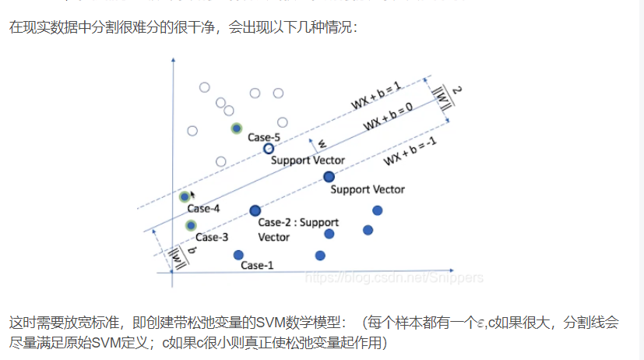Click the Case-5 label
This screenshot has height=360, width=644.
pyautogui.click(x=263, y=137)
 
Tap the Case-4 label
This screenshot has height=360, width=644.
pyautogui.click(x=203, y=208)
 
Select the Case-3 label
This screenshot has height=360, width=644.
pyautogui.click(x=211, y=237)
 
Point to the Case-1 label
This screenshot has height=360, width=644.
pyautogui.click(x=257, y=265)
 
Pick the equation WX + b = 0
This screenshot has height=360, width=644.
pyautogui.click(x=388, y=122)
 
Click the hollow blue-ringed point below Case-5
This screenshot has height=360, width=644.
pyautogui.click(x=268, y=148)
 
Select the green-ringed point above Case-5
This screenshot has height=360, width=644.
pyautogui.click(x=236, y=129)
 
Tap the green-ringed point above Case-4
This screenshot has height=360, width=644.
pyautogui.click(x=185, y=196)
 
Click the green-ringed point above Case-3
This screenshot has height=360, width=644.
pyautogui.click(x=191, y=225)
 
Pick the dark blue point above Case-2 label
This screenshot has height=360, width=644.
pyautogui.click(x=255, y=210)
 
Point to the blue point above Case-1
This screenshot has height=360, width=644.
pyautogui.click(x=238, y=255)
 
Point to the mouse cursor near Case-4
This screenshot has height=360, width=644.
pyautogui.click(x=192, y=194)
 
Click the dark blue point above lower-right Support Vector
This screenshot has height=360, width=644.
pyautogui.click(x=329, y=177)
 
